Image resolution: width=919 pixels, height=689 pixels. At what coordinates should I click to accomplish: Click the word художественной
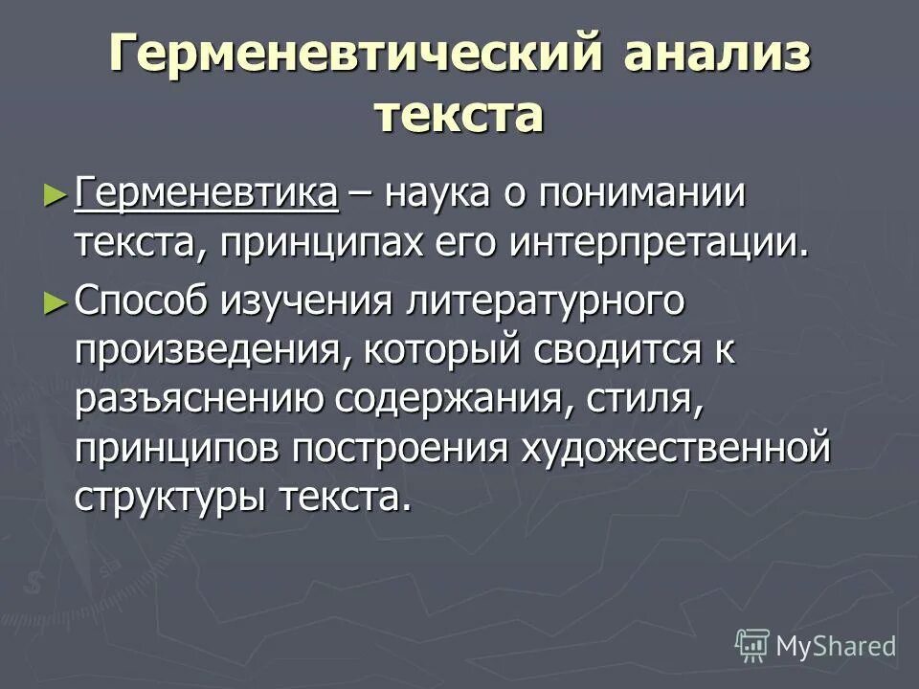click(x=674, y=449)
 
